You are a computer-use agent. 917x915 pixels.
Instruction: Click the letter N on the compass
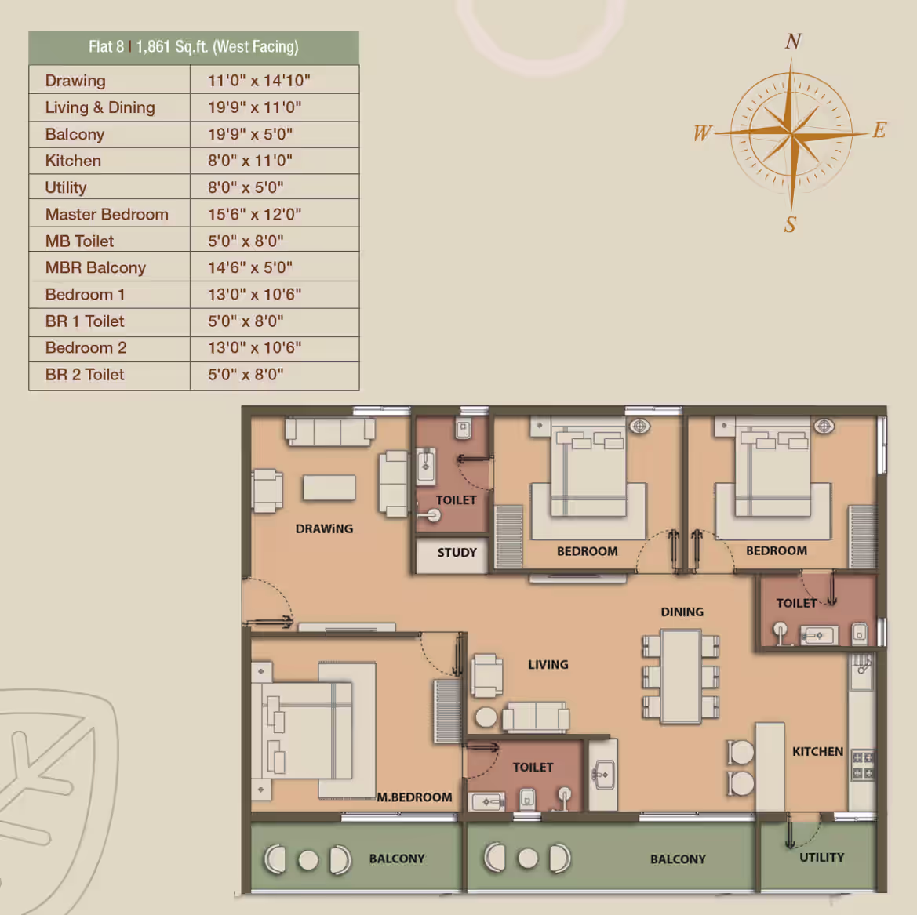[x=794, y=41]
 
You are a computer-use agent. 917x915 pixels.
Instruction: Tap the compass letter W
[x=702, y=133]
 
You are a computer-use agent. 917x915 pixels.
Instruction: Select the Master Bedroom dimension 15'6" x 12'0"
[x=254, y=214]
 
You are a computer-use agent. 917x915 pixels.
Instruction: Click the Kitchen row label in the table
[x=73, y=161]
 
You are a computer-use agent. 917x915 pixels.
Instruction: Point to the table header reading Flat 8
[x=107, y=47]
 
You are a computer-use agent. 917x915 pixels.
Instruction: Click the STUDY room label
[x=457, y=553]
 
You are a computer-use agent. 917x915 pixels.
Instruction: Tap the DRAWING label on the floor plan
[x=324, y=528]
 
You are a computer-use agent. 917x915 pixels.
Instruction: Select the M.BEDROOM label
[x=414, y=797]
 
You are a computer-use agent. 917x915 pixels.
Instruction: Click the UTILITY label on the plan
[x=821, y=857]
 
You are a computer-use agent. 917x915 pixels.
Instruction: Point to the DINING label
[x=682, y=612]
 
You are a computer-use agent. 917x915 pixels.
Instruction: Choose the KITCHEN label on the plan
[x=817, y=751]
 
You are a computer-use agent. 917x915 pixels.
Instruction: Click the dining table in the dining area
[x=681, y=676]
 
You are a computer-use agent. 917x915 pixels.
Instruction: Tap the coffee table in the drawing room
[x=329, y=488]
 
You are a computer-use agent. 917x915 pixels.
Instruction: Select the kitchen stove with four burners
[x=863, y=764]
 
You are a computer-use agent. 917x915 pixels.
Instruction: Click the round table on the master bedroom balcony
[x=308, y=860]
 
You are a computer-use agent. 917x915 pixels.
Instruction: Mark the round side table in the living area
[x=486, y=717]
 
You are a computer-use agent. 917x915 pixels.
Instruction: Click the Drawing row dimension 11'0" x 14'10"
[x=259, y=81]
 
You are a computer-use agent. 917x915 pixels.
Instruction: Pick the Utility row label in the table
[x=66, y=187]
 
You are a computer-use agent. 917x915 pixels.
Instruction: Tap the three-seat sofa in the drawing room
[x=329, y=431]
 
